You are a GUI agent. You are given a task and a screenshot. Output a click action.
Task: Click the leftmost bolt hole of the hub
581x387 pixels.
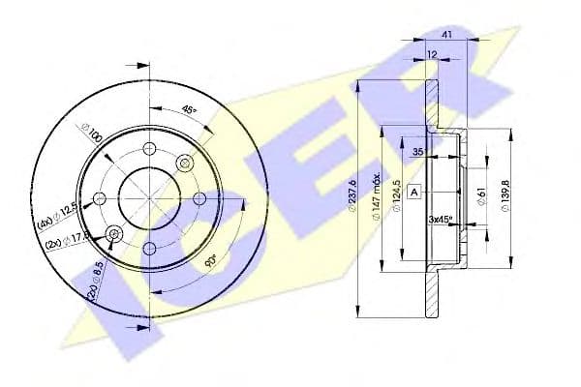click(99, 198)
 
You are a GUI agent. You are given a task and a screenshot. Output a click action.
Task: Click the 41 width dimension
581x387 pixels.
click(446, 34)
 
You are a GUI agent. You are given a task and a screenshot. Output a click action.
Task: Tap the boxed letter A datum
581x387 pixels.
click(414, 193)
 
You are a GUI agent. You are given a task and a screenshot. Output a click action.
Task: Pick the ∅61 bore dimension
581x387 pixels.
click(481, 197)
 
